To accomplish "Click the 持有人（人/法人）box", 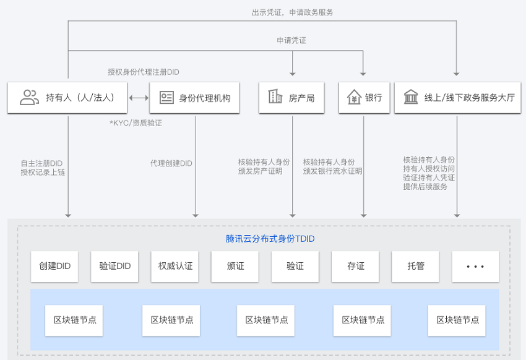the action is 67,98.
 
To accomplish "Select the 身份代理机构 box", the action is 194,98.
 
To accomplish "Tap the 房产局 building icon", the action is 275,96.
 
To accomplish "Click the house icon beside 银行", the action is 354,97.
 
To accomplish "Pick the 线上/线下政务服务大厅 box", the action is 457,98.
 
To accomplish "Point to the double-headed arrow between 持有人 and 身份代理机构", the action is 139,98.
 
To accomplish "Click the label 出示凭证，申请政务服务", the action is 293,12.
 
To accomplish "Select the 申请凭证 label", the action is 291,41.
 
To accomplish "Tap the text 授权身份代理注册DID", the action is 144,72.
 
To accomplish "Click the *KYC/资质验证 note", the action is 136,123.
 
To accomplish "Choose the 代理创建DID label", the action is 171,163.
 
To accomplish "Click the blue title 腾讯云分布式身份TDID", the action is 270,239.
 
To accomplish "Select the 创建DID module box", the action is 54,267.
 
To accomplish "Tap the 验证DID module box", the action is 114,267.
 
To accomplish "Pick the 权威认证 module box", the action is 175,267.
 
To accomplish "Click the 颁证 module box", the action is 235,267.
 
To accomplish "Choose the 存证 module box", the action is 355,267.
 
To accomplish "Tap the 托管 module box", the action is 415,267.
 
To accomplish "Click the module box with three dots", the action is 475,267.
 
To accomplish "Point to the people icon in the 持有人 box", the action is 29,98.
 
